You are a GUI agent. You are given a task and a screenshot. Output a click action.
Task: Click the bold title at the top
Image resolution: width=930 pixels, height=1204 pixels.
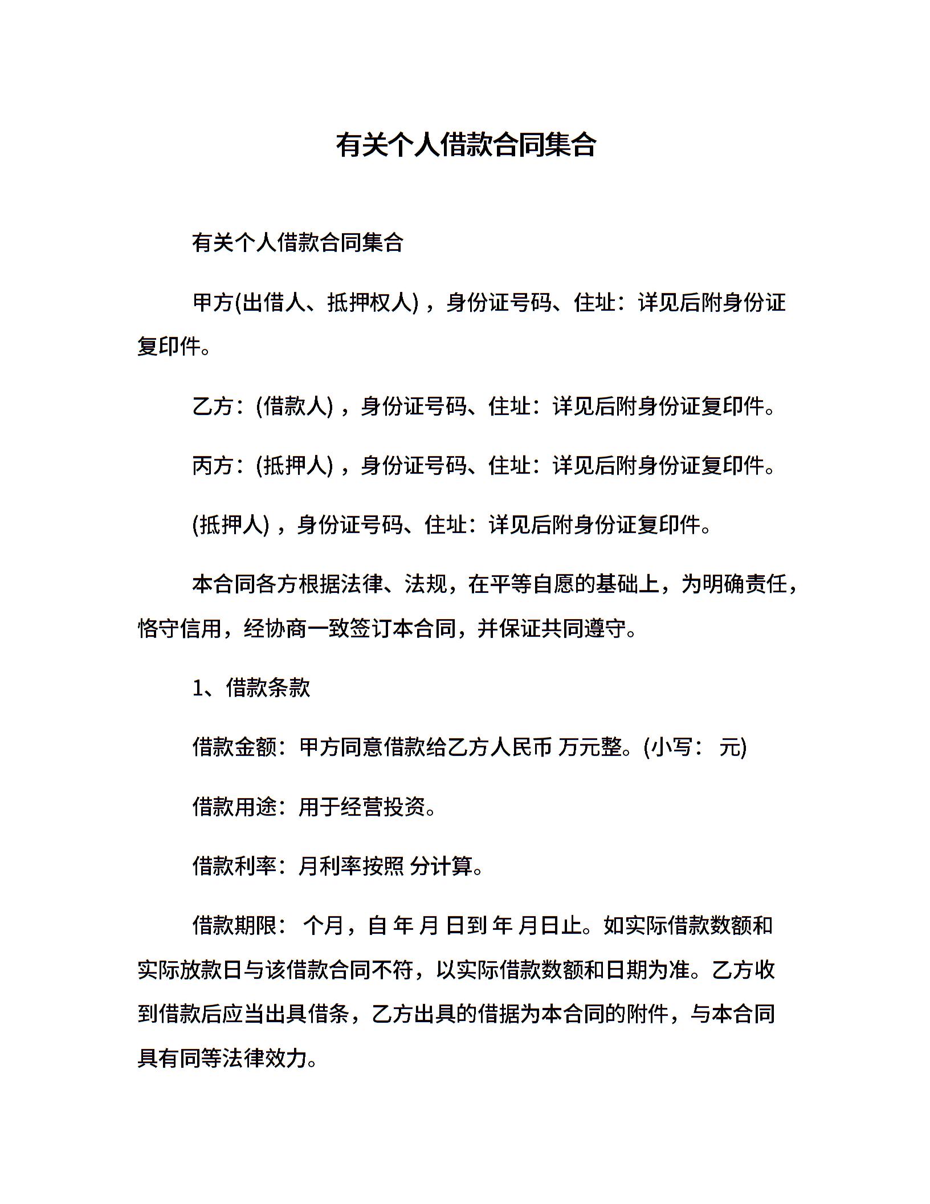point(465,145)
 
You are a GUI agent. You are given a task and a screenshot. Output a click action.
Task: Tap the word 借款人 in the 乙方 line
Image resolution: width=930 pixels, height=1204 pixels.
point(295,406)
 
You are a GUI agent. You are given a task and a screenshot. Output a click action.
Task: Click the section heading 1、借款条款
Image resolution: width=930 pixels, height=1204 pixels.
point(251,688)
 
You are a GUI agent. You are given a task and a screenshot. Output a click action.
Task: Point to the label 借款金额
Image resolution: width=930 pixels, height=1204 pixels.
point(234,747)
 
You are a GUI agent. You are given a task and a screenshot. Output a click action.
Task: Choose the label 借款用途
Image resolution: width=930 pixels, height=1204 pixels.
point(234,807)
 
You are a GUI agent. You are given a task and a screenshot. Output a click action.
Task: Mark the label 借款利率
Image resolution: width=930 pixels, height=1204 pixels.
point(234,866)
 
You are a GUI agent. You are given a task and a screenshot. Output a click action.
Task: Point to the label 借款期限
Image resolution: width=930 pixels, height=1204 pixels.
point(234,925)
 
